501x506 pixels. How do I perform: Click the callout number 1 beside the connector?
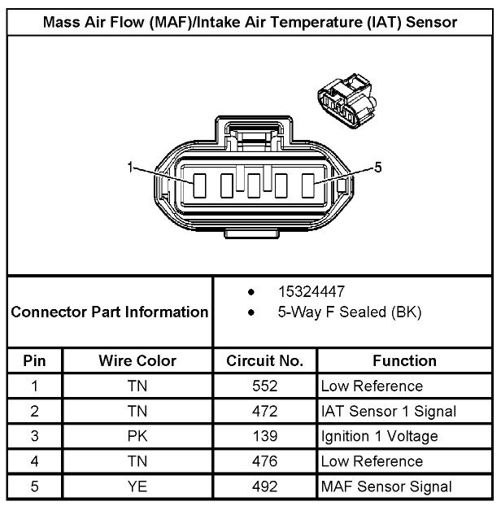click(x=130, y=168)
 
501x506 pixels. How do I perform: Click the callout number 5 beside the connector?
click(x=377, y=168)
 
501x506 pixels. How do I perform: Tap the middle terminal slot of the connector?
click(x=254, y=185)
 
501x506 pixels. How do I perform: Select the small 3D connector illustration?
click(x=347, y=101)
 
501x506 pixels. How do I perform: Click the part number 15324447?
click(x=311, y=292)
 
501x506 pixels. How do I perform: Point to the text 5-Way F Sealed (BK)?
click(x=350, y=312)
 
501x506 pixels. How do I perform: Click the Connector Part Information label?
click(x=110, y=312)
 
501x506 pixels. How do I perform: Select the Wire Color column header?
click(x=137, y=360)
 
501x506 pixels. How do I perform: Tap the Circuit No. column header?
click(x=265, y=360)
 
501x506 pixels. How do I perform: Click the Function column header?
click(x=404, y=360)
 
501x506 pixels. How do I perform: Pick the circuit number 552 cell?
click(x=265, y=386)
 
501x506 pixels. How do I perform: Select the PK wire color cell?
click(x=137, y=436)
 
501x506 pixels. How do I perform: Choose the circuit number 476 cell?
click(x=265, y=461)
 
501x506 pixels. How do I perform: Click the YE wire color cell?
click(x=137, y=486)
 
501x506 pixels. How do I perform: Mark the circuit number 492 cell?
click(x=265, y=486)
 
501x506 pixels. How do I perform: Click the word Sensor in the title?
click(x=431, y=22)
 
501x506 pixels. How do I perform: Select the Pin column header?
click(x=34, y=360)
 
